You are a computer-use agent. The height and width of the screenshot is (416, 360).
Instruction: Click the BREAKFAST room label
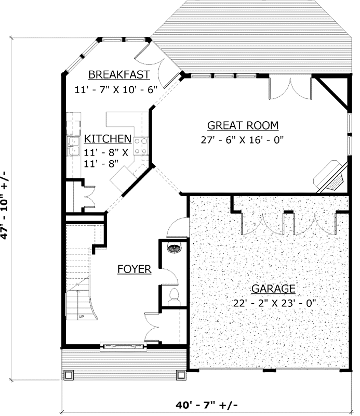point(119,74)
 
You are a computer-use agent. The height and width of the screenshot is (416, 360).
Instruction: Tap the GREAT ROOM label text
point(243,125)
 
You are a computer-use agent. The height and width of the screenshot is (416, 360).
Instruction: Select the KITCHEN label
point(108,139)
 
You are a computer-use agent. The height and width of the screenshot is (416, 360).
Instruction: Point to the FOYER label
point(134,269)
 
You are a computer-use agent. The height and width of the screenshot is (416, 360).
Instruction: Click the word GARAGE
point(273,289)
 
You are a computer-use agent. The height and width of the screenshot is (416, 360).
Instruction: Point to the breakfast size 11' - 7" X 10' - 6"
point(116,89)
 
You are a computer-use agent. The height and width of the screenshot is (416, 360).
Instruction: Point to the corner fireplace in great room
point(330,175)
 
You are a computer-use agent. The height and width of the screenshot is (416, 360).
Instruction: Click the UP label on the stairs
point(82,316)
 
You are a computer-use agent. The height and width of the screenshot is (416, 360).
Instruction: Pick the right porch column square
point(181,374)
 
